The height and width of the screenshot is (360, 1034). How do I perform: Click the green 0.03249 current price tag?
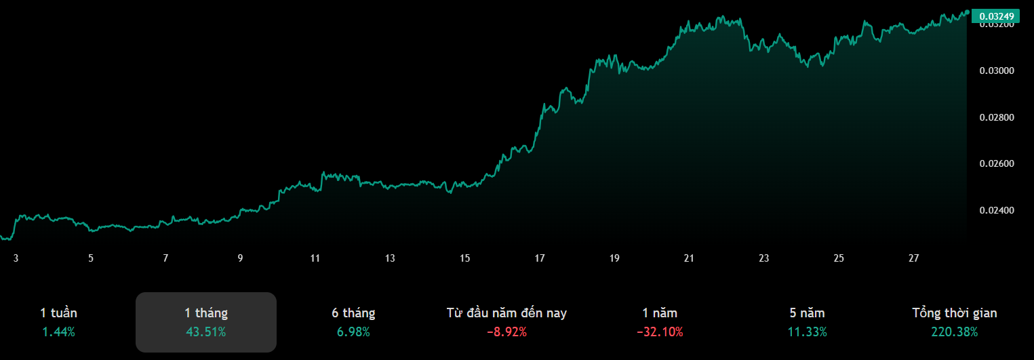tap(996, 16)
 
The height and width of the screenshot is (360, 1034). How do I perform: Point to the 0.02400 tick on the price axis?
tap(997, 210)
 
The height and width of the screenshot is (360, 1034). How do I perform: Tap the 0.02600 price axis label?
tap(997, 164)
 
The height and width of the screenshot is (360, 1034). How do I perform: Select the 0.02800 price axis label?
tap(997, 118)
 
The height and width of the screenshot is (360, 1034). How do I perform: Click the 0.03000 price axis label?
tap(997, 71)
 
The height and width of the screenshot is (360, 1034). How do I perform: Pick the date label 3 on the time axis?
tap(16, 258)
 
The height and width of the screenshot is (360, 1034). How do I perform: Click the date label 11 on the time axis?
tap(315, 258)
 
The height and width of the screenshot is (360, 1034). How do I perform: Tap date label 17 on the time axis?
tap(540, 258)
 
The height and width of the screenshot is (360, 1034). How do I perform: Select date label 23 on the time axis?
tap(764, 258)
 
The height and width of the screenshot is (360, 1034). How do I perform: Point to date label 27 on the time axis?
tap(914, 258)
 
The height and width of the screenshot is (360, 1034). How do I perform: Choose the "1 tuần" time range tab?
tap(58, 313)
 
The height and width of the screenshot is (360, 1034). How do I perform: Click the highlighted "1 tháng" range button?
tap(206, 322)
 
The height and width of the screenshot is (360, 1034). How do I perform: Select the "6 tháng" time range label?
tap(353, 313)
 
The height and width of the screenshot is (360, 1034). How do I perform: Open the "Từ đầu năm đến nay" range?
tap(506, 313)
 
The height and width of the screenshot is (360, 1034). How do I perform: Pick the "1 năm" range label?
tap(660, 313)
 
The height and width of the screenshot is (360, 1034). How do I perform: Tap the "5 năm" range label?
tap(807, 313)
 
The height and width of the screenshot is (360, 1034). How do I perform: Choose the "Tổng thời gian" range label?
tap(955, 313)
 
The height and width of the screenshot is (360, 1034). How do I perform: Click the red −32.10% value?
tap(660, 332)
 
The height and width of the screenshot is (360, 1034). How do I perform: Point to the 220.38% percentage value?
tap(955, 332)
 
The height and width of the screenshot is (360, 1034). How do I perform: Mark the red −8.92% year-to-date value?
tap(506, 332)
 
